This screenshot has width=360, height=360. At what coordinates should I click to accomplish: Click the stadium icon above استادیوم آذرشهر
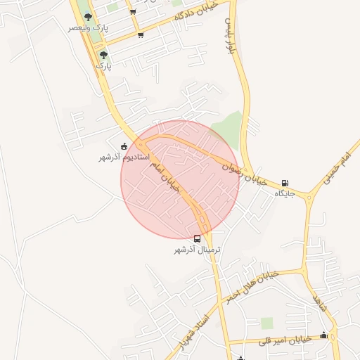coord(124,147)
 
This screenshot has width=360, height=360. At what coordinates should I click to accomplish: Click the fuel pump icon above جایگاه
coord(285,184)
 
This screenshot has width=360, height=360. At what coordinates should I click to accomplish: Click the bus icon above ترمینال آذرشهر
coord(198,239)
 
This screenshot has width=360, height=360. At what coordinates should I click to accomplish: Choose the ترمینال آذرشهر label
coord(198,250)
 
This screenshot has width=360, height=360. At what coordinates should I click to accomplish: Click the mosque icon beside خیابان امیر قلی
coord(323,335)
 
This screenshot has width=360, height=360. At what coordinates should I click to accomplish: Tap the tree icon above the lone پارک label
coord(103,54)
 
